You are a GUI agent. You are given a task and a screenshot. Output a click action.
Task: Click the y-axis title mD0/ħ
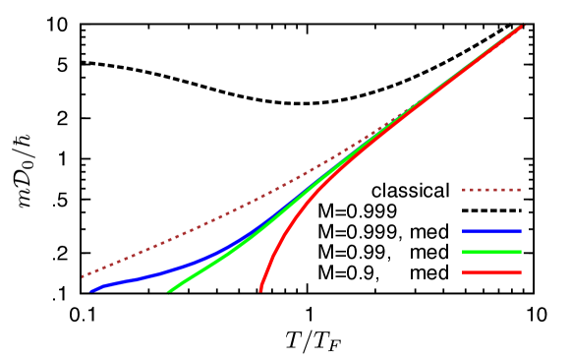pyautogui.click(x=25, y=169)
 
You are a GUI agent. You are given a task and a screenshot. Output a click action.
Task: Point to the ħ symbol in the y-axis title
pyautogui.click(x=25, y=139)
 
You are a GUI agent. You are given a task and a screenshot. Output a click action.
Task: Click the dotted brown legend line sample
pyautogui.click(x=491, y=190)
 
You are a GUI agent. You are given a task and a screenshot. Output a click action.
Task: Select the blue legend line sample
pyautogui.click(x=491, y=231)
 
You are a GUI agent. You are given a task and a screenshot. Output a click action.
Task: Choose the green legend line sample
pyautogui.click(x=491, y=252)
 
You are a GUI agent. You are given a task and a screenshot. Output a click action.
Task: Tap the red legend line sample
pyautogui.click(x=491, y=272)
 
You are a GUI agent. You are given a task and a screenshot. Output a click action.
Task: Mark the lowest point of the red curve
pyautogui.click(x=260, y=290)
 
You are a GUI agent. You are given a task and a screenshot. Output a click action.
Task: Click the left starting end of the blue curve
pyautogui.click(x=90, y=291)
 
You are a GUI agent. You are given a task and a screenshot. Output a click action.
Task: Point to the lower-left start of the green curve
pyautogui.click(x=169, y=291)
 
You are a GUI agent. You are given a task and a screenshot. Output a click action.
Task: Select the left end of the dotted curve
pyautogui.click(x=83, y=276)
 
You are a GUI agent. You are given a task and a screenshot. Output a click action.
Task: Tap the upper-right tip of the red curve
pyautogui.click(x=522, y=27)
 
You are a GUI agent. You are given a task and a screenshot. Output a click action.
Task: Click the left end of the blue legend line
pyautogui.click(x=464, y=231)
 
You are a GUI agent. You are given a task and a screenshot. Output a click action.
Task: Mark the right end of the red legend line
pyautogui.click(x=520, y=272)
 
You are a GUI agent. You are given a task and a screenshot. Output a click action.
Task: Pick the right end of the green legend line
pyautogui.click(x=520, y=252)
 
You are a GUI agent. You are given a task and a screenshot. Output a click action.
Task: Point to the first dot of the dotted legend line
pyautogui.click(x=465, y=190)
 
